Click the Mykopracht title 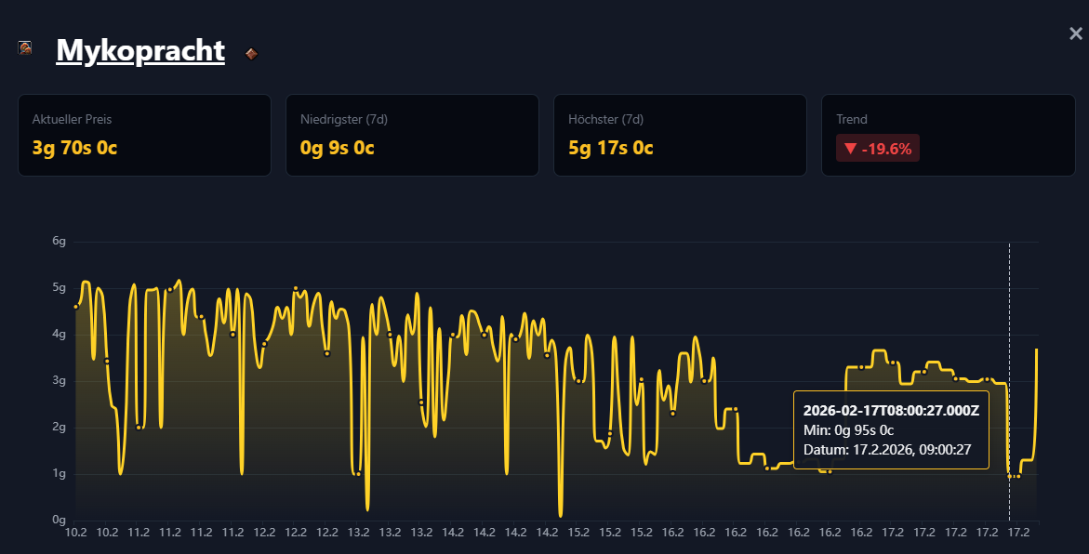140,50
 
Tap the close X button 1076,34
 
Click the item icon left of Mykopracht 26,47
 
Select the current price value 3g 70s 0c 74,148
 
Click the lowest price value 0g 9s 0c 338,148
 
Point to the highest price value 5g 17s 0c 611,148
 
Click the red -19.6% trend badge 878,148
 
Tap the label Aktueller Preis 73,120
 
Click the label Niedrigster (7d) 344,120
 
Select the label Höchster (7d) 605,120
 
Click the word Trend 852,120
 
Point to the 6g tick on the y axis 60,242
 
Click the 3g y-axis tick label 60,381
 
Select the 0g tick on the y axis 60,521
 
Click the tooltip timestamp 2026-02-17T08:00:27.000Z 891,410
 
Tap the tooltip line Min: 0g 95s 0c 848,429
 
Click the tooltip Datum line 887,450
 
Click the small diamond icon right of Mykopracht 251,54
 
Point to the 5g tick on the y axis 60,288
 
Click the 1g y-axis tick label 60,474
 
